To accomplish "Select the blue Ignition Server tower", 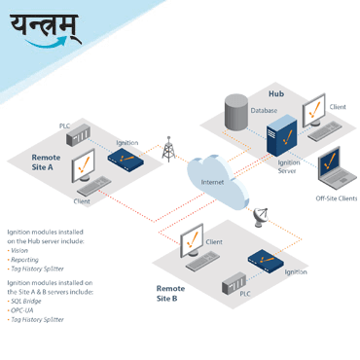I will coord(280,132).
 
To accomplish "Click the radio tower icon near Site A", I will coord(168,149).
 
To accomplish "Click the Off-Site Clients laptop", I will coord(331,168).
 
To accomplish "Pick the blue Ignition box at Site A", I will coord(126,154).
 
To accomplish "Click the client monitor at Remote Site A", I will coord(86,168).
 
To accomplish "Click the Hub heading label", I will coord(275,93).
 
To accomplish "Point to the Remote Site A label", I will coord(46,162).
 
